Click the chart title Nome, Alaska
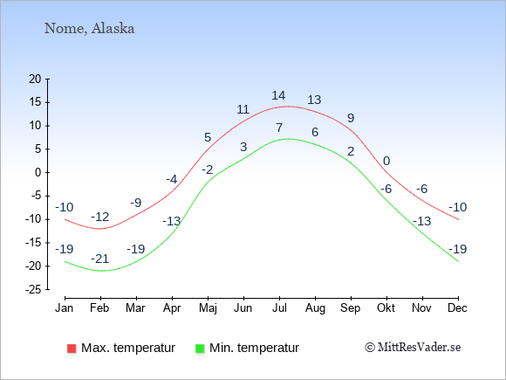coord(89,29)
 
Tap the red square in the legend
coord(72,349)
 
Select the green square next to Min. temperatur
coord(200,349)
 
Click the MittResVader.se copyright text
coord(413,348)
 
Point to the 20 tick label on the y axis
coord(35,79)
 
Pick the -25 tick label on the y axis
coord(33,289)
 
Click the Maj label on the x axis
coord(208,308)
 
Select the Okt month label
coord(386,308)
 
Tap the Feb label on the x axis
coord(99,308)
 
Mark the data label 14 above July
coord(278,95)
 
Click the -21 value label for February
coord(100,259)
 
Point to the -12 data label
coord(100,217)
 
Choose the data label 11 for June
coord(243,109)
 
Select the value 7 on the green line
coord(279,128)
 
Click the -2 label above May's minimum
coord(208,169)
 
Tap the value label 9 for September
coord(351,118)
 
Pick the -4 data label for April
coord(172,179)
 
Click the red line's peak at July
coord(288,106)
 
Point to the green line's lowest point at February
coord(100,271)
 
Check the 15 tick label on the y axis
coord(35,102)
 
